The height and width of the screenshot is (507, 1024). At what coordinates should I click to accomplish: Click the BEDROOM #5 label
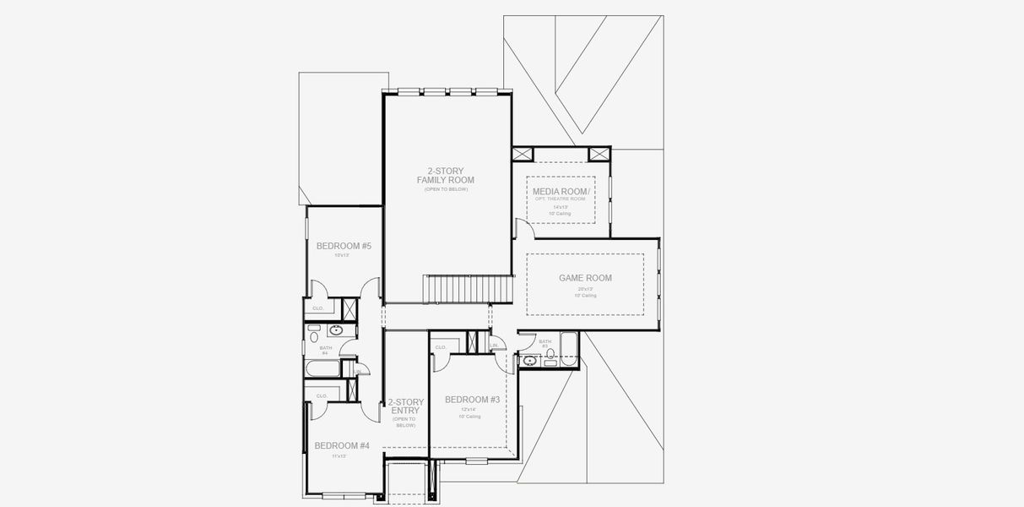344,246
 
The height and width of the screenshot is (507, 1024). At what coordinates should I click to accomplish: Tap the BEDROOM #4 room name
342,445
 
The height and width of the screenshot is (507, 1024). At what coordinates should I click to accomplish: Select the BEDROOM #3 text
472,400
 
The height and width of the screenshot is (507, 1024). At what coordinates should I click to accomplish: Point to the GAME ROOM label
585,278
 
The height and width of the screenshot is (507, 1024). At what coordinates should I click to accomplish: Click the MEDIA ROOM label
561,192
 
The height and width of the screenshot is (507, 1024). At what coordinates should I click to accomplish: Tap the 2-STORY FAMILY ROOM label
445,176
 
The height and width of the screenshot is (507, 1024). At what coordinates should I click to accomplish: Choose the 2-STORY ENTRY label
405,407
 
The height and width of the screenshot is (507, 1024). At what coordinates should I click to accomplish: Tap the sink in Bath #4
335,330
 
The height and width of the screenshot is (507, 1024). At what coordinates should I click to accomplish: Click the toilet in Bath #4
314,331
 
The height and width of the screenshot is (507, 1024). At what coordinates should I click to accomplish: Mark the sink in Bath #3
530,362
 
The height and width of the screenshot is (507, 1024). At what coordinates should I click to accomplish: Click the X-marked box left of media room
523,154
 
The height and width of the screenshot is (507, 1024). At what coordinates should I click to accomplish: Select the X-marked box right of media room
599,154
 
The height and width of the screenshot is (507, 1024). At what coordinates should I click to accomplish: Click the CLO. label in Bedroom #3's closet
441,347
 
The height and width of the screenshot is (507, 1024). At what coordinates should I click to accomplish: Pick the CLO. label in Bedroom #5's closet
318,308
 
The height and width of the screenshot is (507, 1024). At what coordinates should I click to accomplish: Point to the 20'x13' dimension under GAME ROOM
585,289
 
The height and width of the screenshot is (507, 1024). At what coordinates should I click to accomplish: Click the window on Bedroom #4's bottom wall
344,495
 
